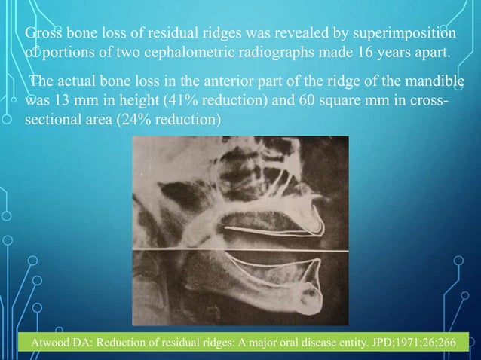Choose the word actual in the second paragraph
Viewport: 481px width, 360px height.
[78, 82]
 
